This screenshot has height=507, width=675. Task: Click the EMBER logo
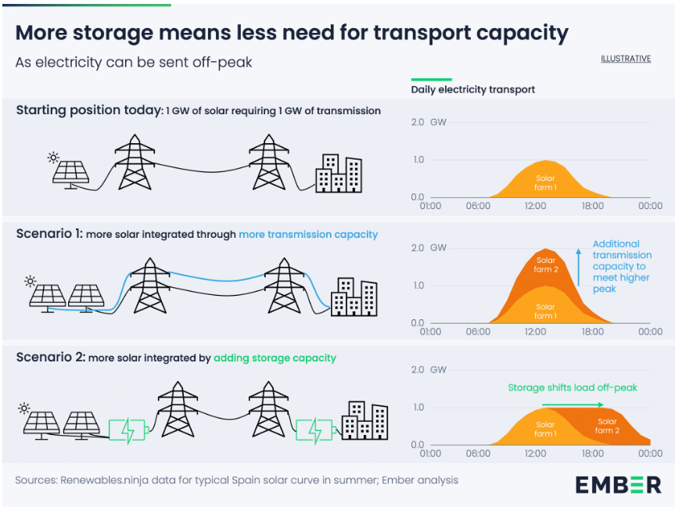[618, 484]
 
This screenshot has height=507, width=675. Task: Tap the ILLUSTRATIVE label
[626, 59]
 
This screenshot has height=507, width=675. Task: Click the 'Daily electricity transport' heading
[473, 89]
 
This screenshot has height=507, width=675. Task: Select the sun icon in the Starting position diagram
[53, 157]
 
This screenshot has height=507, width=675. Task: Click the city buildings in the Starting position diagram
[338, 174]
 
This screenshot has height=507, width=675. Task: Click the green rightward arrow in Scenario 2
[572, 405]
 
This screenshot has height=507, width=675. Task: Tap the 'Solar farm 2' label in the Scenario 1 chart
[546, 264]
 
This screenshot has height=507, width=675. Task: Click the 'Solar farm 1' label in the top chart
[545, 183]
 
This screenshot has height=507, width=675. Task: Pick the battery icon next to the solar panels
[127, 430]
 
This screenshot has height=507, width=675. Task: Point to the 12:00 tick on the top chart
[535, 206]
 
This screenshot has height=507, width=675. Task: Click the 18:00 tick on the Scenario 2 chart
[593, 453]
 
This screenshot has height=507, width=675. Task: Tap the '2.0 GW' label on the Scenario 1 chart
[428, 247]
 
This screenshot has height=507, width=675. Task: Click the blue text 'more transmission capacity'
[308, 234]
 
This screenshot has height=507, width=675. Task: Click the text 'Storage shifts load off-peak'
[573, 387]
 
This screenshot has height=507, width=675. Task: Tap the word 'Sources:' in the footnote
[35, 480]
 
